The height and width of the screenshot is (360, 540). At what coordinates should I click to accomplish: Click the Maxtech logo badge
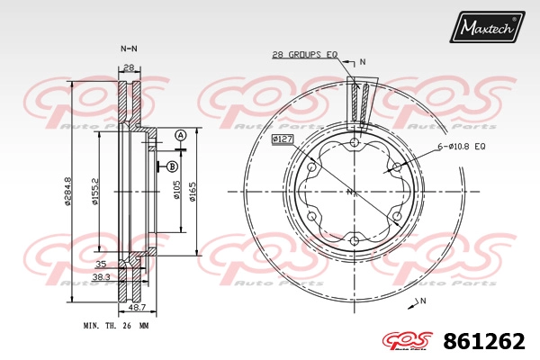pos(487,26)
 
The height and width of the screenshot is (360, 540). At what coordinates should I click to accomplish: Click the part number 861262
pos(484,341)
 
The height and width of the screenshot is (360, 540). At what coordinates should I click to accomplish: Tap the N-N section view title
pos(129,49)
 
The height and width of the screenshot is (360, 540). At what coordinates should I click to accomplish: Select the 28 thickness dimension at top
pos(129,67)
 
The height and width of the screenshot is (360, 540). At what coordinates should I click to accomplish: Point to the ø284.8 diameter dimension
pos(67,191)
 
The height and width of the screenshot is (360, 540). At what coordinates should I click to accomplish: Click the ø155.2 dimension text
pos(95,191)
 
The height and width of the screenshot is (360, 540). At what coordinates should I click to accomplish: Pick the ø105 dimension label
pos(176,190)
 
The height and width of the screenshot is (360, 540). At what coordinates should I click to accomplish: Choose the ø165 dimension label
pos(193,192)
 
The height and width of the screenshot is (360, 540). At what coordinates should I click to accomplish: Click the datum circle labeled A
pos(180,136)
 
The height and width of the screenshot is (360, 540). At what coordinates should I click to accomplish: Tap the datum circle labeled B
pos(172,167)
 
